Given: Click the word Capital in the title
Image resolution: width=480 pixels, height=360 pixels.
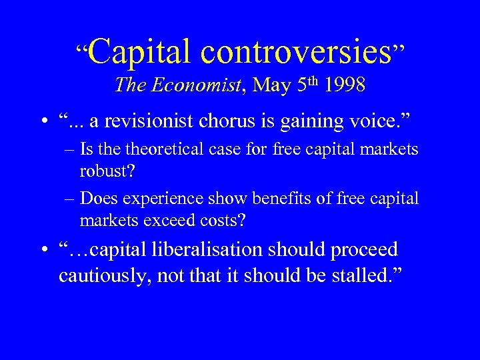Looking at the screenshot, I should [137, 51].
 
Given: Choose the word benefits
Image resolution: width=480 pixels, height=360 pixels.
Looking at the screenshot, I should [269, 198].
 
